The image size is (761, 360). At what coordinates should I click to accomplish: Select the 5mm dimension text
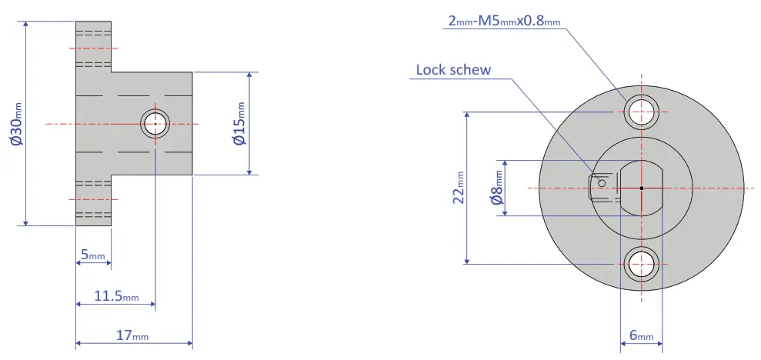click(x=93, y=255)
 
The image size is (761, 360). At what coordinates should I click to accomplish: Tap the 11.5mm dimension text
click(x=116, y=296)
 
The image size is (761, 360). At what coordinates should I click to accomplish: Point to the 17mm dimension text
click(x=133, y=335)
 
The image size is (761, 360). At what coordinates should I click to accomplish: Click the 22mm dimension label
click(x=458, y=187)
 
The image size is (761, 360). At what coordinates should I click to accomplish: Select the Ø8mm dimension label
click(x=497, y=188)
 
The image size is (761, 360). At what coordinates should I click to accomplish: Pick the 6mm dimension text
click(x=641, y=335)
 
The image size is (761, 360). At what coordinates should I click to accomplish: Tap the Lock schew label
click(x=453, y=69)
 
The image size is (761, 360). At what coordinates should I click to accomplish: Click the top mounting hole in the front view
click(x=641, y=112)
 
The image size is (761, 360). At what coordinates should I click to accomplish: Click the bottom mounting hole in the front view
click(x=641, y=264)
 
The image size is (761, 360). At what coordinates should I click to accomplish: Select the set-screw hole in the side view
click(x=155, y=123)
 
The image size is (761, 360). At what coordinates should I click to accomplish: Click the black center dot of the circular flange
click(x=641, y=188)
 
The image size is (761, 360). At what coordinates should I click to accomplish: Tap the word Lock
click(x=430, y=69)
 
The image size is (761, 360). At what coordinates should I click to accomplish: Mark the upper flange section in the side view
click(x=94, y=46)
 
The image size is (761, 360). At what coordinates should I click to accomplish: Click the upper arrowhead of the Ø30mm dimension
click(x=26, y=25)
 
